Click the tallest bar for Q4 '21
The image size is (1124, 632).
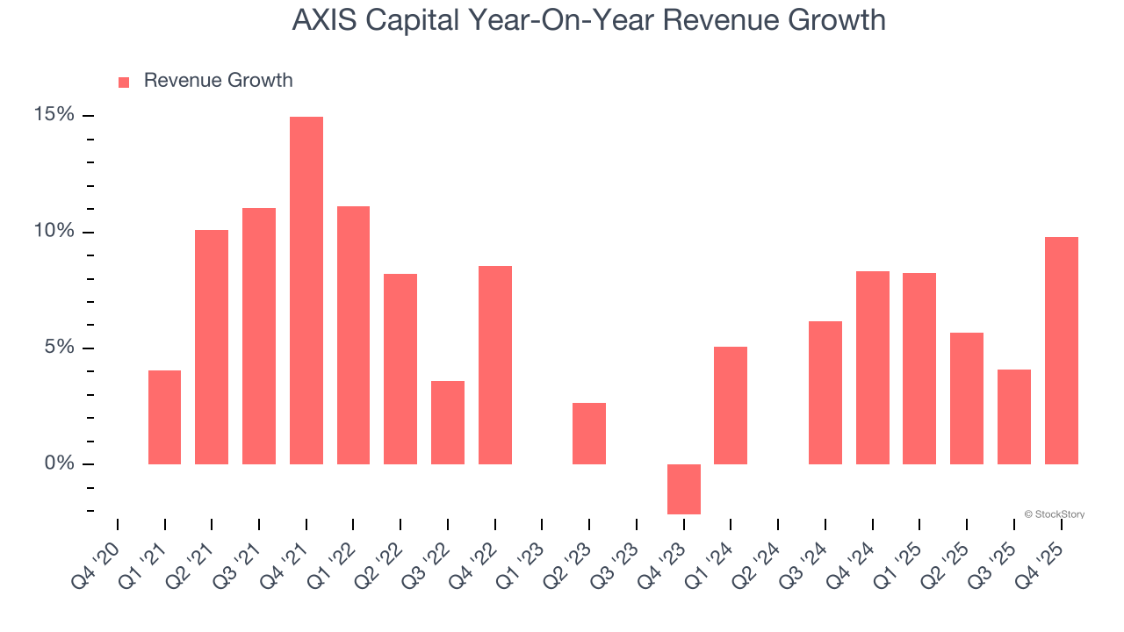coord(306,290)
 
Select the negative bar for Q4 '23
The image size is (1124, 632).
coord(684,489)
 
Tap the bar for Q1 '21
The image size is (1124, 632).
coord(164,417)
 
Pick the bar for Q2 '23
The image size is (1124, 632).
coord(589,434)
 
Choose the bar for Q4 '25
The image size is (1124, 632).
coord(1062,350)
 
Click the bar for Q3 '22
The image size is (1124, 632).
coord(448,422)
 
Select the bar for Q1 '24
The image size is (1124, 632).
coord(731,406)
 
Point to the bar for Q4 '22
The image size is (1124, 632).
coord(495,365)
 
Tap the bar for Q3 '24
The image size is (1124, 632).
coord(825,392)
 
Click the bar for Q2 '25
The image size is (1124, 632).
coord(967,399)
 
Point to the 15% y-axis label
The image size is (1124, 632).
coord(54,115)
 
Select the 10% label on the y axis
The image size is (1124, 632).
coord(54,232)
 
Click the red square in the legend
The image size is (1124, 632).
coord(124,82)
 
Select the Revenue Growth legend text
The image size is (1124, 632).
coord(218,81)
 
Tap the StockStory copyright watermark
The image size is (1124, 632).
coord(1054,514)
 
